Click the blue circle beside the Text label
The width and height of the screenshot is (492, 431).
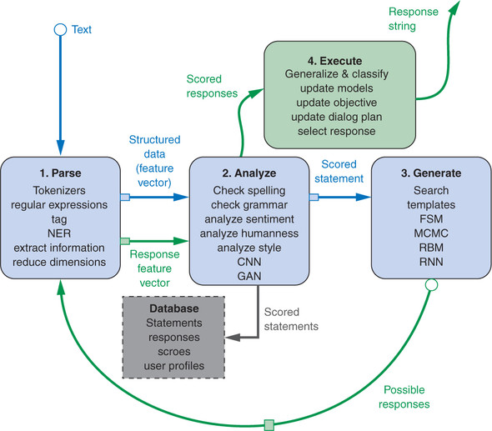click(60, 30)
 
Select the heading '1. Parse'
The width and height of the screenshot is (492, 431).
click(60, 173)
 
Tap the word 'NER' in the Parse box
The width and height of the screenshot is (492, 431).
click(59, 233)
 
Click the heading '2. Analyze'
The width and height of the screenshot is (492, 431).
click(249, 173)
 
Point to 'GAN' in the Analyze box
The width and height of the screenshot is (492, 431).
click(249, 276)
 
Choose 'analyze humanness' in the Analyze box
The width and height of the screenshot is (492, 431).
click(249, 233)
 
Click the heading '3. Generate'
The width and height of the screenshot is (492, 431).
click(431, 173)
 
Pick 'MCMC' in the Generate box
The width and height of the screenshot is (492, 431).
click(431, 233)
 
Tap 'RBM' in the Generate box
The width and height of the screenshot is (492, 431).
click(431, 248)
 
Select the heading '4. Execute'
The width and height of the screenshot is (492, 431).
click(334, 61)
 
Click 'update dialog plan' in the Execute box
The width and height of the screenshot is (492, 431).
click(337, 117)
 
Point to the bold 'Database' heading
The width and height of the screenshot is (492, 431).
click(174, 308)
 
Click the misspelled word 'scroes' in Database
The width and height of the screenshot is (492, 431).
click(174, 352)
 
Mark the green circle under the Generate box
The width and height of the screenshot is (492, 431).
click(431, 285)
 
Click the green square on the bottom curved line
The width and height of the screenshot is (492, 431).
click(269, 425)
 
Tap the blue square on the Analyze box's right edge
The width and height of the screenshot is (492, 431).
click(314, 197)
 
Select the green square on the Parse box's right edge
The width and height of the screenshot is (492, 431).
click(125, 241)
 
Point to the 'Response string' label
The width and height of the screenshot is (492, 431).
click(414, 19)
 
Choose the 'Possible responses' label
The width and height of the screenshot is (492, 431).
click(404, 397)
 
